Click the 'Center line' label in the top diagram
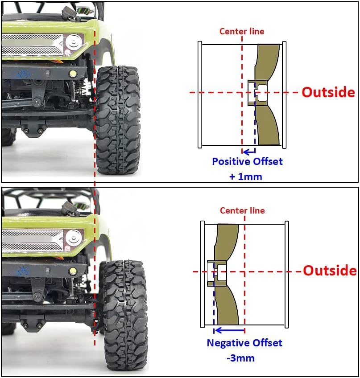coord(242,31)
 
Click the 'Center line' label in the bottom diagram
coord(242,210)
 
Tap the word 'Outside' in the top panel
coord(328,92)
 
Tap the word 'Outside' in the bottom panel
coord(330,270)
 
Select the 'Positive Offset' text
coord(247,161)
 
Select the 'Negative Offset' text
coord(244,342)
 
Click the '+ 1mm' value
coord(246,177)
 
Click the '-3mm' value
coord(240,358)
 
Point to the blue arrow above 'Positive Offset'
coord(249,152)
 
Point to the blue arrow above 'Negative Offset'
coord(229,330)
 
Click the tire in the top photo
coord(118,120)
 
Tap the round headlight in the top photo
coord(73,42)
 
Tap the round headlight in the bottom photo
coord(73,238)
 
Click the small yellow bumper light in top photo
coord(72,74)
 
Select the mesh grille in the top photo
coord(32,45)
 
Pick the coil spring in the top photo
coord(81,88)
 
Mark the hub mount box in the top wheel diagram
coord(258,93)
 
